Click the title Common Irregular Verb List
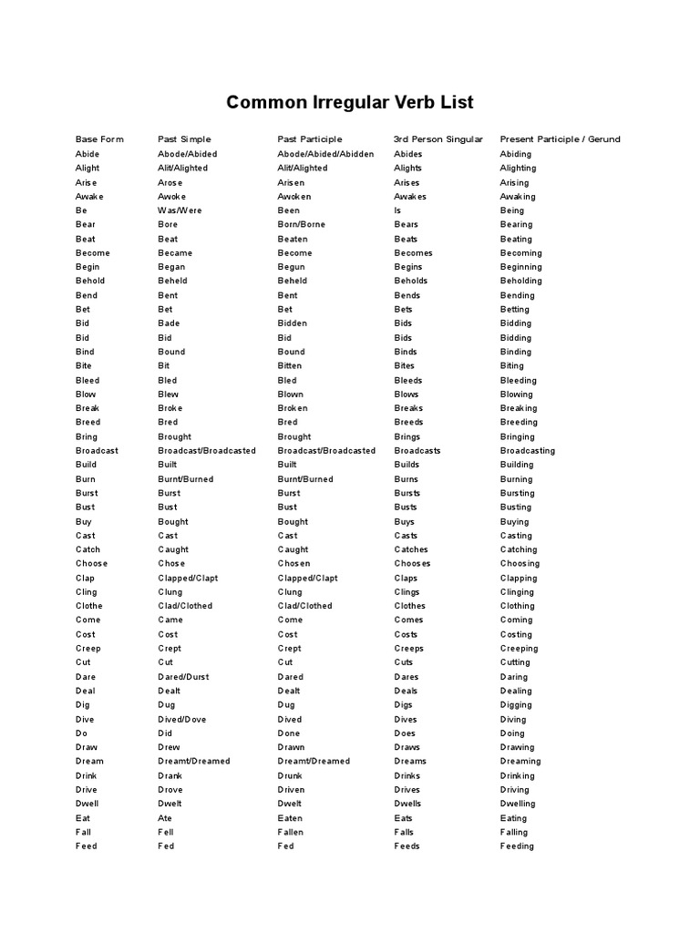tap(350, 102)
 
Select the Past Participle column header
tap(310, 139)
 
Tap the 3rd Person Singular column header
tap(438, 139)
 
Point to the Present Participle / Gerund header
tap(560, 139)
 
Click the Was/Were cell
tap(180, 210)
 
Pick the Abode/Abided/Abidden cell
tap(325, 154)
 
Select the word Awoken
tap(294, 196)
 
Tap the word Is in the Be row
tap(397, 210)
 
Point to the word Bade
tap(169, 323)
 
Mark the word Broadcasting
tap(527, 451)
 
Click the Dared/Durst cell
tap(182, 677)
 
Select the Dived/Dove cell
tap(181, 719)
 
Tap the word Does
tap(405, 733)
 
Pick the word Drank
tap(170, 775)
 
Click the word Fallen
tap(291, 832)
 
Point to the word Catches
tap(411, 549)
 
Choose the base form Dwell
tap(87, 804)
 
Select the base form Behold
tap(90, 281)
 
